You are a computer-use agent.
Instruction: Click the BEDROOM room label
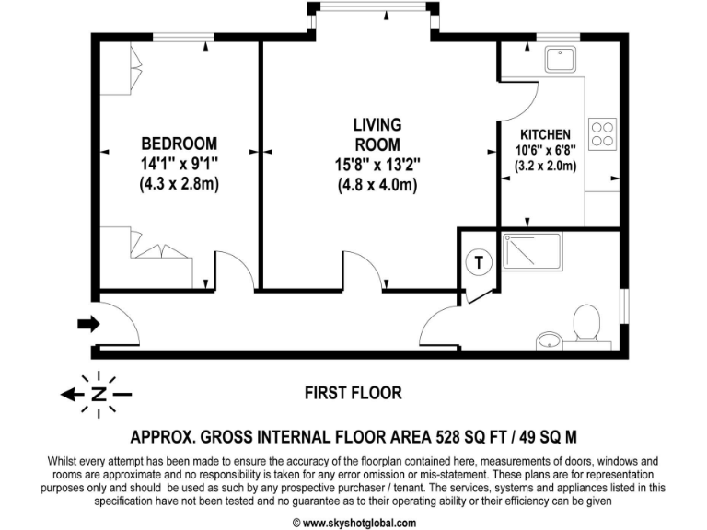point(179,144)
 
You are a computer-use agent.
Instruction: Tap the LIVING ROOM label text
point(377,134)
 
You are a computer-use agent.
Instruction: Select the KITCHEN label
point(545,134)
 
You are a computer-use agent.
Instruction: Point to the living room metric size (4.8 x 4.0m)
point(377,184)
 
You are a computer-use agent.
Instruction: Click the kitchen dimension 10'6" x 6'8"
point(545,151)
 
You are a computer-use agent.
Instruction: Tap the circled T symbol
point(479,261)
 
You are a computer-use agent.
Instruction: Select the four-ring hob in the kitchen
point(602,134)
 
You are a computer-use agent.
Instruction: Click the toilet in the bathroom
point(585,325)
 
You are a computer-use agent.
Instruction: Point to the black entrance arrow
point(88,323)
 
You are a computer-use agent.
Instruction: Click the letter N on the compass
point(98,395)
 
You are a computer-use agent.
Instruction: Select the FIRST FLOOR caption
point(353,393)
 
